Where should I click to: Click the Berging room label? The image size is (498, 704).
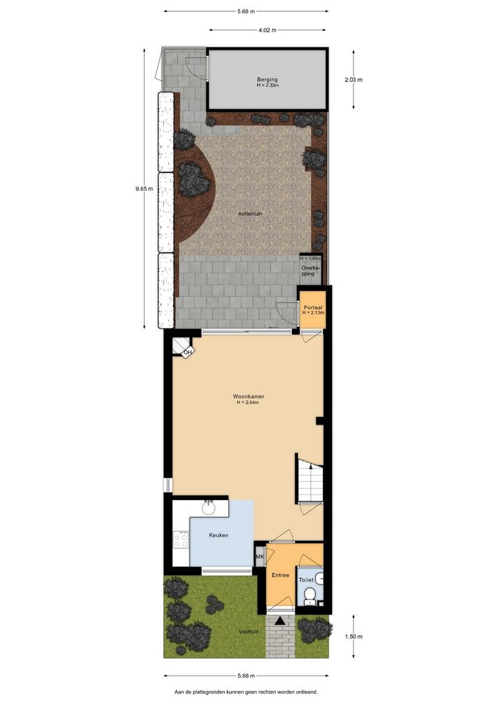pyautogui.click(x=267, y=80)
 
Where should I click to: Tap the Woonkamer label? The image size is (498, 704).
pyautogui.click(x=248, y=396)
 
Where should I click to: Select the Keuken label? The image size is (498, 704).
pyautogui.click(x=219, y=535)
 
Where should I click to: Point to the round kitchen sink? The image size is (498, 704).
pyautogui.click(x=208, y=508)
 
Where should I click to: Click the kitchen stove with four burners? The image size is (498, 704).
pyautogui.click(x=181, y=539)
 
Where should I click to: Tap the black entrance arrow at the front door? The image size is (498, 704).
pyautogui.click(x=279, y=621)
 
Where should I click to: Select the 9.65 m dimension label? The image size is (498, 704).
pyautogui.click(x=144, y=189)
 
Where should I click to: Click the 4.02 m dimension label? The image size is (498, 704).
pyautogui.click(x=267, y=30)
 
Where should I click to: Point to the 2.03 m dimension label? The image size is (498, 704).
pyautogui.click(x=353, y=80)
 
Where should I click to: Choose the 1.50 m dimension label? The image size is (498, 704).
pyautogui.click(x=353, y=636)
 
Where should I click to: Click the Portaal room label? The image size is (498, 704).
pyautogui.click(x=313, y=308)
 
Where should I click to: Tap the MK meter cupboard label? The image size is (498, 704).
pyautogui.click(x=259, y=557)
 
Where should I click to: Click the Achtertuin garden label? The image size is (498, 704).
pyautogui.click(x=250, y=214)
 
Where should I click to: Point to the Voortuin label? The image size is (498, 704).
pyautogui.click(x=248, y=631)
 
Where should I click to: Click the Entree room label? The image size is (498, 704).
pyautogui.click(x=280, y=575)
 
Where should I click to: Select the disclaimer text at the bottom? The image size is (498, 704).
pyautogui.click(x=246, y=692)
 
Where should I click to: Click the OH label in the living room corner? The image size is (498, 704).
pyautogui.click(x=187, y=353)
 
